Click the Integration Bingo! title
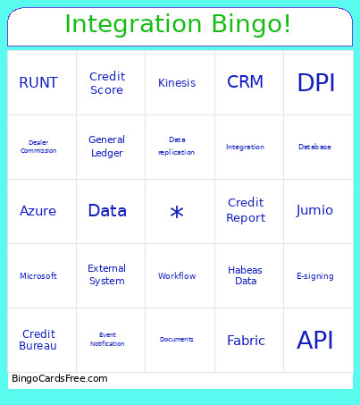point(179,24)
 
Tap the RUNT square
point(38,83)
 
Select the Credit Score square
point(107,83)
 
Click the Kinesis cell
point(177,83)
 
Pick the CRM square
point(246,82)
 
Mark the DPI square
point(316,83)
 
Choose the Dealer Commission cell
point(38,147)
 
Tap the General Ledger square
point(107,147)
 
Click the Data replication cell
point(177,147)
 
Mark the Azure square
point(38,211)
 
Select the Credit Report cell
point(246,211)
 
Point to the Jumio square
point(315,211)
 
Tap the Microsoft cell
point(38,276)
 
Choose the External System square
point(107,275)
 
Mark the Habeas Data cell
point(246,275)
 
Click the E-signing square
point(315,276)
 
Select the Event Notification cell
point(107,340)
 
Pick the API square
point(315,341)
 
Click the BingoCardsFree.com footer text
point(60,379)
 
